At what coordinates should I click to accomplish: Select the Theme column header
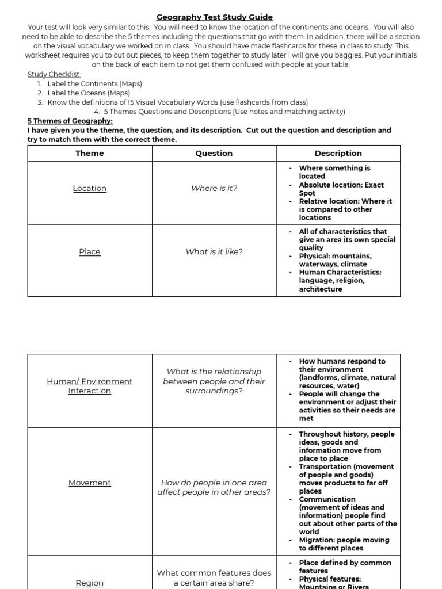90,154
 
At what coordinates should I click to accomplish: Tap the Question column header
214,154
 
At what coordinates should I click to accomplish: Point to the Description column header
338,154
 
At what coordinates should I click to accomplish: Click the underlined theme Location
90,189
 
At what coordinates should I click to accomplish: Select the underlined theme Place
90,252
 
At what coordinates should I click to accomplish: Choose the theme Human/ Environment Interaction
90,386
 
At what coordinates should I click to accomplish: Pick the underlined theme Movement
90,483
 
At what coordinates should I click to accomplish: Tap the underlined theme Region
90,583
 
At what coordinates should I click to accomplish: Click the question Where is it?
214,189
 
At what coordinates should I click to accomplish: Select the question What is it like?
214,252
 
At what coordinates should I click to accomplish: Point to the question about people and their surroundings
214,381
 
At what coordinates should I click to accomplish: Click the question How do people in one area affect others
214,488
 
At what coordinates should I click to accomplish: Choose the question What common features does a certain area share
214,577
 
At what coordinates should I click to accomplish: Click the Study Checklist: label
55,75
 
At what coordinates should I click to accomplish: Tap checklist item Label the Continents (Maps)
94,84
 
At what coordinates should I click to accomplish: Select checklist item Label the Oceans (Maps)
89,93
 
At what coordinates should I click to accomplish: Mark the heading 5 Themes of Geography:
70,121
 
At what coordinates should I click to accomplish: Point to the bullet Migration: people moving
344,544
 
